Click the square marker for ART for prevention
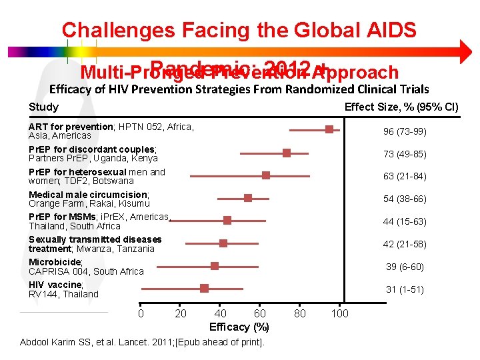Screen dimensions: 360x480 [329, 129]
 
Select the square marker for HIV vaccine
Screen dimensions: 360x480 [204, 288]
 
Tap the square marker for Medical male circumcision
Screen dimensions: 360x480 [248, 198]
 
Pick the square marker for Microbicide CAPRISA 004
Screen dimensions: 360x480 [215, 265]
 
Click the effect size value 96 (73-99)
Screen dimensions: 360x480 [405, 131]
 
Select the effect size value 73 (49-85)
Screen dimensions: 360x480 [405, 154]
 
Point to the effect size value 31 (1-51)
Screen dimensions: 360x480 [405, 289]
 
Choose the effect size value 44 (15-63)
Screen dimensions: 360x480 [405, 221]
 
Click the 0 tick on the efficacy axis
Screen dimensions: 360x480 [141, 313]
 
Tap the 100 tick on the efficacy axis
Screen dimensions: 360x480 [340, 313]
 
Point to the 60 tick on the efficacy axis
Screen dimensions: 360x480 [260, 313]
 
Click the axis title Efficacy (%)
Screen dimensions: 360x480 [239, 327]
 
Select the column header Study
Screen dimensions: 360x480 [43, 107]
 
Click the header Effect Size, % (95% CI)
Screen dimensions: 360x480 [401, 107]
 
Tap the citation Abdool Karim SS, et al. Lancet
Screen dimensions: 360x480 [142, 342]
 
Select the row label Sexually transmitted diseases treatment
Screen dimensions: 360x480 [95, 243]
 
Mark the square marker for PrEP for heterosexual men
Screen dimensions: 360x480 [266, 175]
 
